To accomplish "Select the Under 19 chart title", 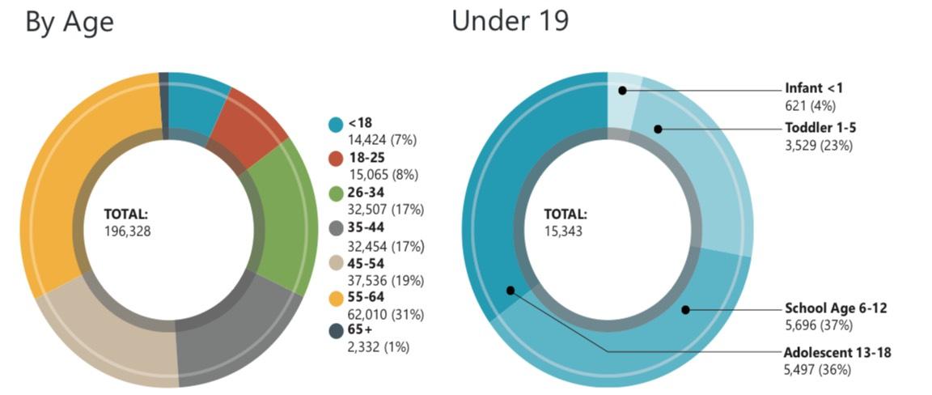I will [x=510, y=22].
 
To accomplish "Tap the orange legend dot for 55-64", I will [x=336, y=297].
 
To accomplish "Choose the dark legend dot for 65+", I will [x=336, y=331].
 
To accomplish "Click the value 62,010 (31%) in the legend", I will [x=386, y=313].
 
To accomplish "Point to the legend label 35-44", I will [x=366, y=227].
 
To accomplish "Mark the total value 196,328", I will [x=128, y=231].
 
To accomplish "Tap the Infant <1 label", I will [x=814, y=88].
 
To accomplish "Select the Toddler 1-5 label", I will [x=819, y=128].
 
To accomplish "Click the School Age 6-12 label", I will [x=837, y=308].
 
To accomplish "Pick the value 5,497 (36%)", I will [x=817, y=369].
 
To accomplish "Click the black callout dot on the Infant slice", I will [x=623, y=91].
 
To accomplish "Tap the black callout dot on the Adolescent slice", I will [x=510, y=290].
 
